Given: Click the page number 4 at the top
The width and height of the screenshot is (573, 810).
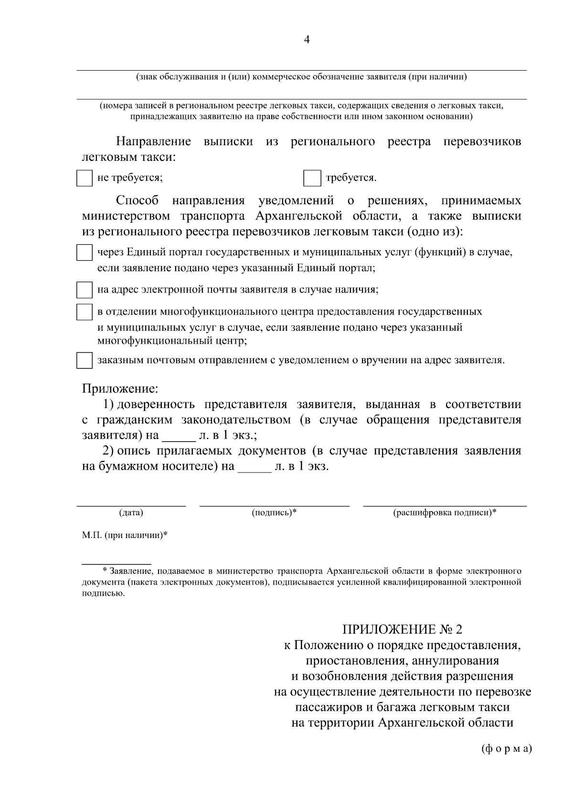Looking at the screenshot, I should tap(307, 40).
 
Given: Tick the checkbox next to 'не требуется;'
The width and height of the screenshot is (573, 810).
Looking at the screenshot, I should tap(85, 178).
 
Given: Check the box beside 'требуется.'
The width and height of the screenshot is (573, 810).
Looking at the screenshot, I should tap(312, 178).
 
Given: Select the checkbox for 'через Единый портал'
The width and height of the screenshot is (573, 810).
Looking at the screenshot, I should tap(85, 252).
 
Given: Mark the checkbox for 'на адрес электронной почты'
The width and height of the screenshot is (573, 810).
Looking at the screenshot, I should tap(85, 290).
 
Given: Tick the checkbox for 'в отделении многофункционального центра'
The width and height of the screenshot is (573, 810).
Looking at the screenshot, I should tap(85, 312).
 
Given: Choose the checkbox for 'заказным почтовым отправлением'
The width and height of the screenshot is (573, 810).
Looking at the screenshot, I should tap(85, 360).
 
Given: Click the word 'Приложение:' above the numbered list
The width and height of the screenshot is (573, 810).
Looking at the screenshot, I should tap(120, 389).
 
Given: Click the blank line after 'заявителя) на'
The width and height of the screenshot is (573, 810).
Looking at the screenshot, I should tap(179, 436).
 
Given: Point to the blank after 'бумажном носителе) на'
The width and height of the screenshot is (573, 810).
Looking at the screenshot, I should tap(254, 467).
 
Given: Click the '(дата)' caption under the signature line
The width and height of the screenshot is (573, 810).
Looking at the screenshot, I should tap(131, 513).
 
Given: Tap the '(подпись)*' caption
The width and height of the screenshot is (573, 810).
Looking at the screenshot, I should tap(274, 513).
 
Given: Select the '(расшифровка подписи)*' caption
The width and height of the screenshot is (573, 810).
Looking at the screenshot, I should tap(444, 513).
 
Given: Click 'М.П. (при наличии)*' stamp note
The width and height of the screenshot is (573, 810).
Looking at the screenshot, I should tap(124, 535).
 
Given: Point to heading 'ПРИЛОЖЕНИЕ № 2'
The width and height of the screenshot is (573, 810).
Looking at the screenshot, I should tap(403, 629).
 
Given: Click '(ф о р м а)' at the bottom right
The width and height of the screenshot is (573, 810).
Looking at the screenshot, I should tap(506, 748).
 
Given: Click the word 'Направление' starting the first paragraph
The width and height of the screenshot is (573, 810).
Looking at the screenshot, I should tap(153, 142).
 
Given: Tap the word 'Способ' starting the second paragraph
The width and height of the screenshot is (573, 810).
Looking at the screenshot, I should tap(137, 200).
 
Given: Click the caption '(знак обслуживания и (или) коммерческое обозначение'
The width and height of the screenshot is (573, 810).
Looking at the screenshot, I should tap(301, 77).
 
